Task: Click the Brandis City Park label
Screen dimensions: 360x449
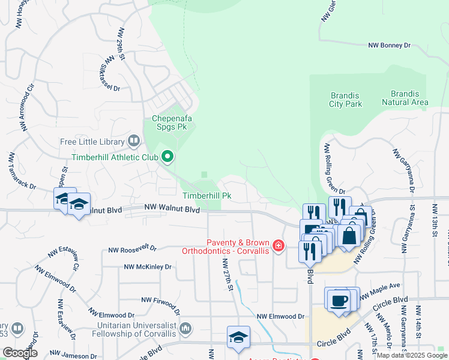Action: (x=346, y=100)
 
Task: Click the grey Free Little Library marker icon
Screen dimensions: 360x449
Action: (x=134, y=142)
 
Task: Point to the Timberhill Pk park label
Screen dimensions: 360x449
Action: (x=207, y=196)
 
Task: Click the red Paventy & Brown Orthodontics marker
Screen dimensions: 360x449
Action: (x=278, y=245)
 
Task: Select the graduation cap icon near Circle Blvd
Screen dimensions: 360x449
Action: (x=238, y=338)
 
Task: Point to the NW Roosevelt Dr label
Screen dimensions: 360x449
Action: (x=132, y=248)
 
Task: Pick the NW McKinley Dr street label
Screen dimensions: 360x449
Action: (x=148, y=266)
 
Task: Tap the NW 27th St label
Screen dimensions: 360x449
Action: (x=226, y=275)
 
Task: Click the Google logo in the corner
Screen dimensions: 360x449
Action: (x=19, y=353)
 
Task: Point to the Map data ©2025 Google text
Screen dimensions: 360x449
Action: (x=412, y=355)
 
